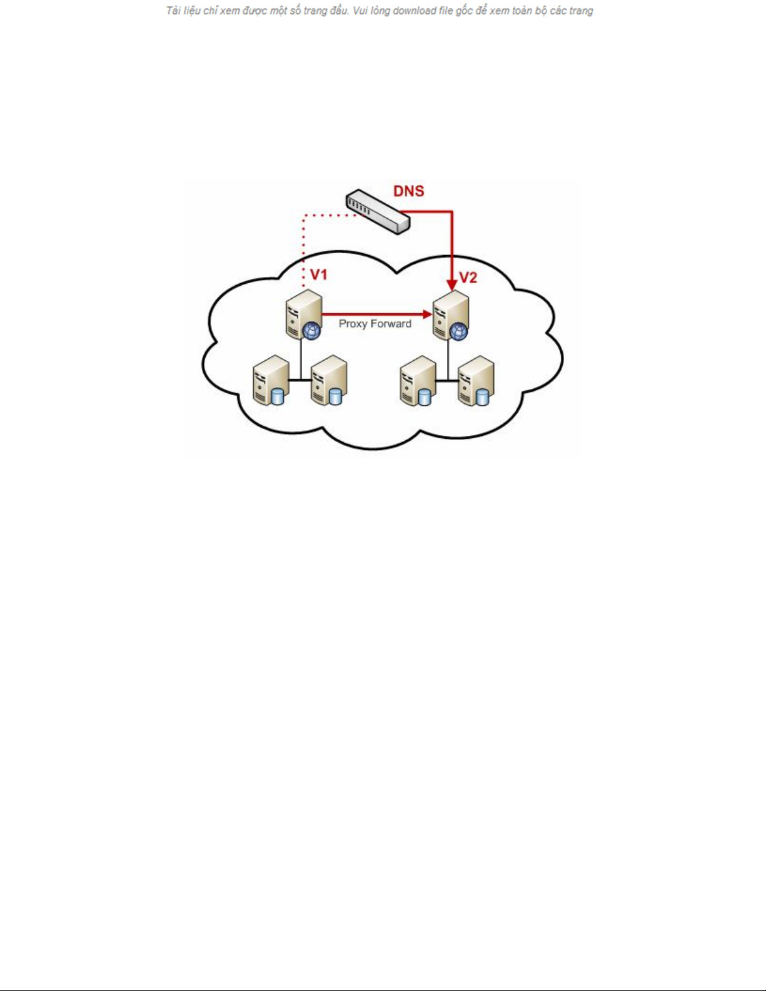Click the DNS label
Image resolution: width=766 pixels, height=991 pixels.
[408, 191]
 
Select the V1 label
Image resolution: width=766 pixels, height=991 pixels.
[319, 275]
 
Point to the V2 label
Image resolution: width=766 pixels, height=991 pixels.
[468, 278]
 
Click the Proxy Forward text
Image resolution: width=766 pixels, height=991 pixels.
[375, 324]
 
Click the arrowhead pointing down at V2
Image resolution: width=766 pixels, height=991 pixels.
[452, 284]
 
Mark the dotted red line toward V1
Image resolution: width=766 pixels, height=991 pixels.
[304, 244]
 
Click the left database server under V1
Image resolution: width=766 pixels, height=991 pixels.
[270, 380]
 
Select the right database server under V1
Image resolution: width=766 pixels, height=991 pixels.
[328, 380]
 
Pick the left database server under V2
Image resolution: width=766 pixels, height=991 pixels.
[418, 380]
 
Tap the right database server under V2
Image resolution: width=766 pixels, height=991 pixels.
[476, 380]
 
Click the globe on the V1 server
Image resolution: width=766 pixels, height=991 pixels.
[311, 331]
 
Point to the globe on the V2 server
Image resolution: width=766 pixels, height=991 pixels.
[459, 331]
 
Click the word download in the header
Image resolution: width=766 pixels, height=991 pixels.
[415, 11]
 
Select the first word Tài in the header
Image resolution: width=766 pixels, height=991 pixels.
[173, 11]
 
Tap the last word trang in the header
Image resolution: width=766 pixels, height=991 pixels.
[580, 11]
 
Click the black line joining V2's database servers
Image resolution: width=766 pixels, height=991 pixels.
[448, 380]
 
